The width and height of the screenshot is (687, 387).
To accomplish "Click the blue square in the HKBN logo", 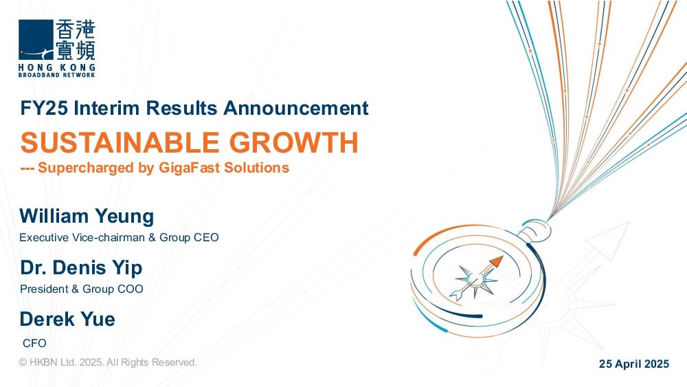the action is click(36, 39).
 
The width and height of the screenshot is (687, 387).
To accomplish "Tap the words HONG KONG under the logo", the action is click(57, 67).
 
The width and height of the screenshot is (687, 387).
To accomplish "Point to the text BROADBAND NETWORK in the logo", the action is click(57, 75).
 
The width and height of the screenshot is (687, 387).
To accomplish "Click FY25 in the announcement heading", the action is click(44, 108).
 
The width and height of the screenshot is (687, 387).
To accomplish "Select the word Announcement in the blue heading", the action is click(296, 108).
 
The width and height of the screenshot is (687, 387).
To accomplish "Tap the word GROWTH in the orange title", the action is click(294, 142).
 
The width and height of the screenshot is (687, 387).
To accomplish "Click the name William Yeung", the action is click(87, 217).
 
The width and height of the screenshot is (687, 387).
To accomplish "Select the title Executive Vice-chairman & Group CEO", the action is click(119, 238).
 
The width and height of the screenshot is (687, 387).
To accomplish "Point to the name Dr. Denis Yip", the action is click(82, 268).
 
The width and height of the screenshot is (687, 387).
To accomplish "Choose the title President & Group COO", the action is click(82, 289).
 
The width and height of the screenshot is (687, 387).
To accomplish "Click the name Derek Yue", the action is click(67, 319).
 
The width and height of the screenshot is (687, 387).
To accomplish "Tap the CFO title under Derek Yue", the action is click(34, 343).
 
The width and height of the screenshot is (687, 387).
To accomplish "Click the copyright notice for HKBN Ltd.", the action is click(109, 362).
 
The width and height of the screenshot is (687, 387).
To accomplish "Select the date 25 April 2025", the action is click(634, 364).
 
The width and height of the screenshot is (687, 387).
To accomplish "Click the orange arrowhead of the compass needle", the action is click(496, 262).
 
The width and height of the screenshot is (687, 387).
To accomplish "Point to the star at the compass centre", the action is click(475, 280).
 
